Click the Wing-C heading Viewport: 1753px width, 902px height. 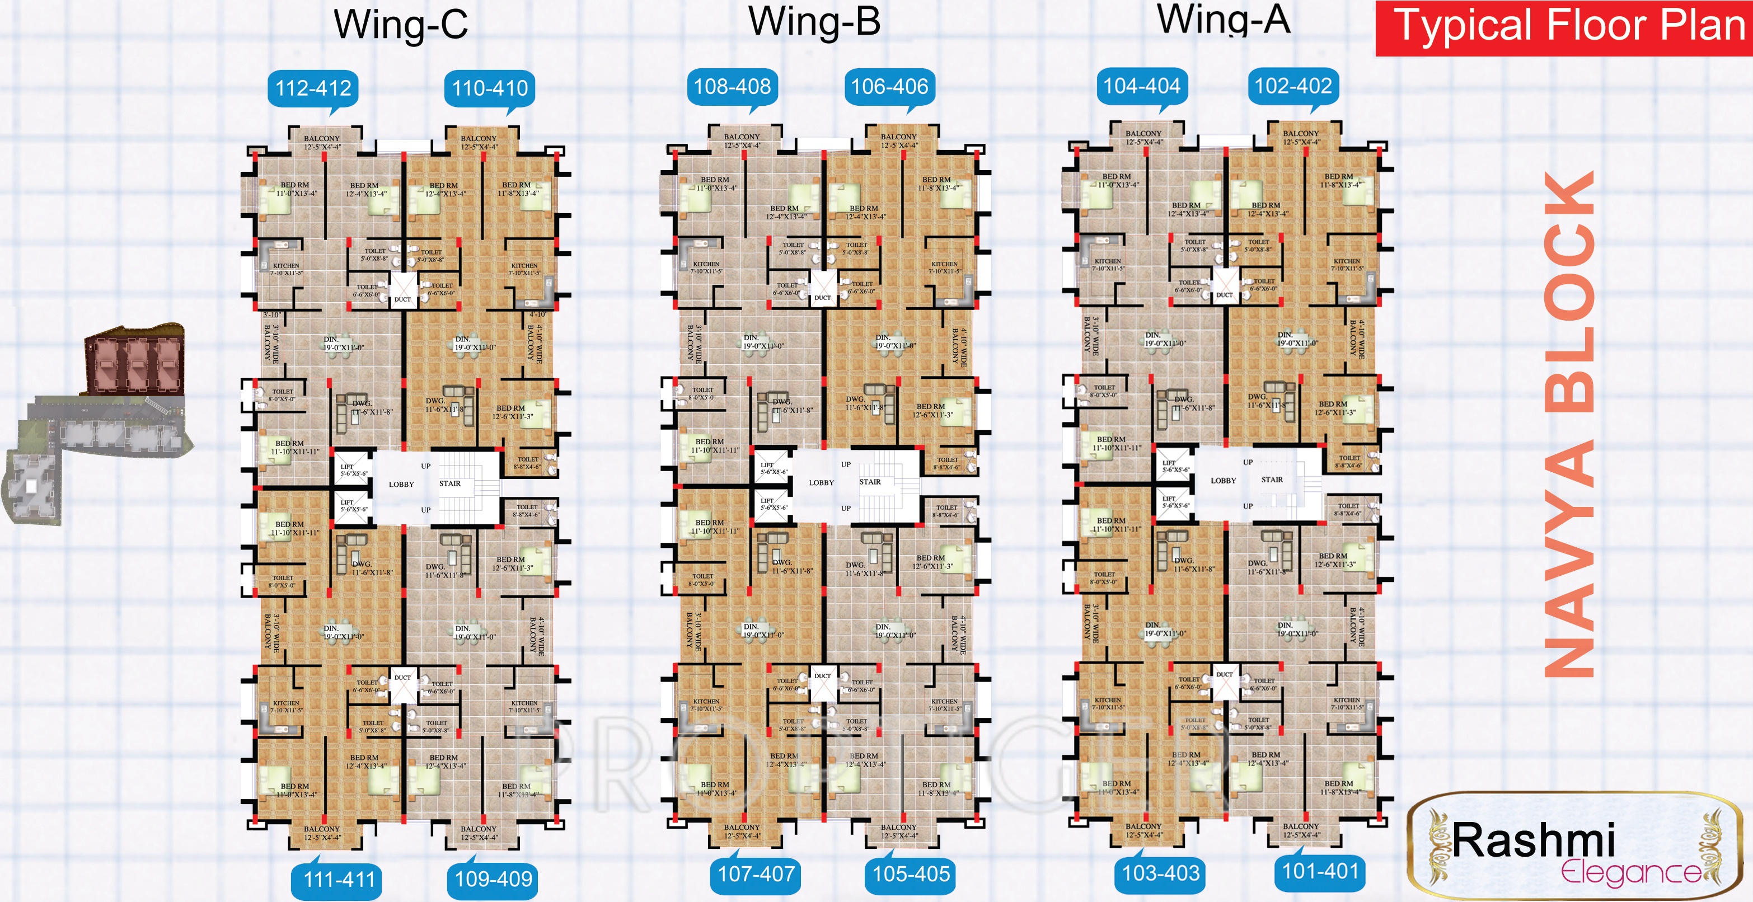(401, 25)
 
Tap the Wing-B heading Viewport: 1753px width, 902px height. (814, 22)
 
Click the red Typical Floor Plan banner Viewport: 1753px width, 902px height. (1564, 28)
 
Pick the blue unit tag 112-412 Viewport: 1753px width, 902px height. (313, 88)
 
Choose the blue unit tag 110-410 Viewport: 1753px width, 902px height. (490, 88)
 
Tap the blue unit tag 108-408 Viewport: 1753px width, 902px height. (732, 86)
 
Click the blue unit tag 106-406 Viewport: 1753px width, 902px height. (889, 86)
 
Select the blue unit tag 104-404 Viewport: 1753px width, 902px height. (1142, 86)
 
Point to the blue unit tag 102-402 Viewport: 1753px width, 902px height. (1293, 86)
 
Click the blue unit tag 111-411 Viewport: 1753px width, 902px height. (339, 880)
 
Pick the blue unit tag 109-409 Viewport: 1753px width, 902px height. (493, 879)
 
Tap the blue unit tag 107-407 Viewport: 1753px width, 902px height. (756, 873)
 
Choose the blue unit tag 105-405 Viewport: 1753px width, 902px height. (911, 873)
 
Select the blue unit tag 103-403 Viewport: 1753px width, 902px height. (1160, 873)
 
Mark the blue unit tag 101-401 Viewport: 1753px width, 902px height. (1320, 871)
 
